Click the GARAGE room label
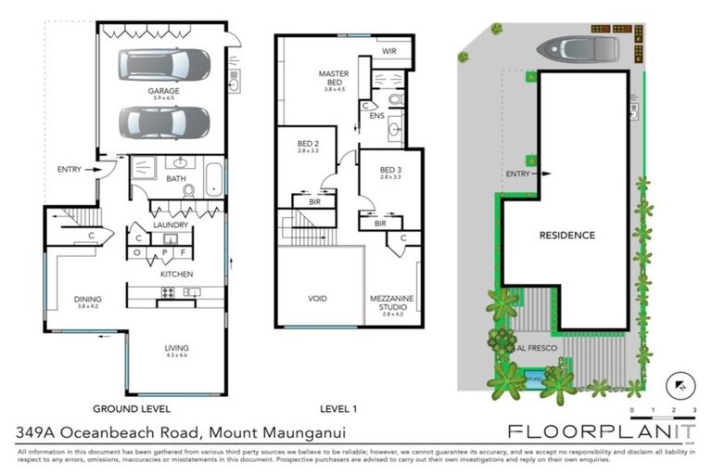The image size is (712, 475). pos(163,92)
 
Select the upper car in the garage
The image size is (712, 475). pos(164,64)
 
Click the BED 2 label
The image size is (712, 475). pos(308,145)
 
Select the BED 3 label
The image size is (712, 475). pos(391,171)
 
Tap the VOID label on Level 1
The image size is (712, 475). pos(318,300)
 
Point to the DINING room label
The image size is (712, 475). pos(88,300)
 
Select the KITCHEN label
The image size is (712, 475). pos(176,275)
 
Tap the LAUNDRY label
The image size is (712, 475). pos(171,225)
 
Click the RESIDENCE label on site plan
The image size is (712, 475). pos(566,236)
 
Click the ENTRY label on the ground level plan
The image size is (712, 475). pos(69,169)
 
